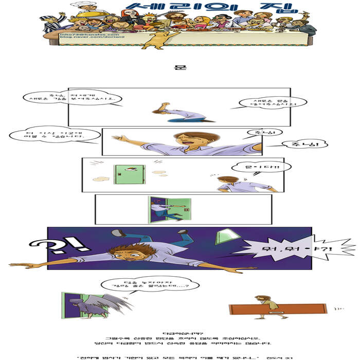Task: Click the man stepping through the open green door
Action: (165, 208)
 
